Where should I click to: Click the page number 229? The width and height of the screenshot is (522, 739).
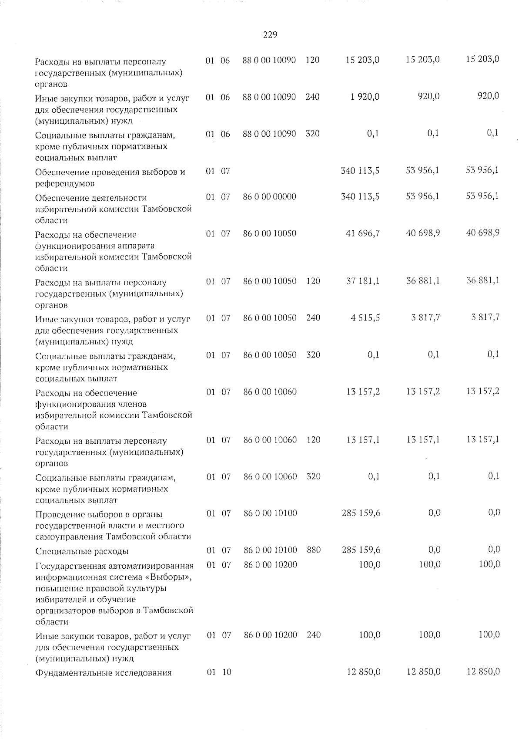[270, 35]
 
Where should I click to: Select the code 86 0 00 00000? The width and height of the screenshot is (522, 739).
[270, 197]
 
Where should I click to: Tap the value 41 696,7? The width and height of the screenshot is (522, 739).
[363, 233]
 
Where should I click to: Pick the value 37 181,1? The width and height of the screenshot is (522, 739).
[363, 281]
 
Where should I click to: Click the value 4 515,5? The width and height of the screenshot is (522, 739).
[365, 318]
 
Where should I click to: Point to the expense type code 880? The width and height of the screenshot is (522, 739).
[314, 550]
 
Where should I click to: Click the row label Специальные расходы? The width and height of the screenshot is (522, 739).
[82, 551]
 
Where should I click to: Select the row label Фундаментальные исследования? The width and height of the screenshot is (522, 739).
[104, 673]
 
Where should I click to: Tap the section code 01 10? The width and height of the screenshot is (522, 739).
[219, 672]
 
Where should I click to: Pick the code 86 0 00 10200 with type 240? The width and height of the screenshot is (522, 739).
[271, 635]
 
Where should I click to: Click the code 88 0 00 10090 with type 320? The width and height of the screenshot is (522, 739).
[269, 134]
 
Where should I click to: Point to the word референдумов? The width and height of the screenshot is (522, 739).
[65, 184]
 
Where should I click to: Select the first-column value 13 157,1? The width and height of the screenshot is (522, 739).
[363, 440]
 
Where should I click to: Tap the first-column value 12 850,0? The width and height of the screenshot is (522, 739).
[364, 672]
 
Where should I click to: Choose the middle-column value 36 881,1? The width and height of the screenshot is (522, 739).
[423, 281]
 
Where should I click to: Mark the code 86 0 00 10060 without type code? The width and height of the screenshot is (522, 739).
[270, 392]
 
